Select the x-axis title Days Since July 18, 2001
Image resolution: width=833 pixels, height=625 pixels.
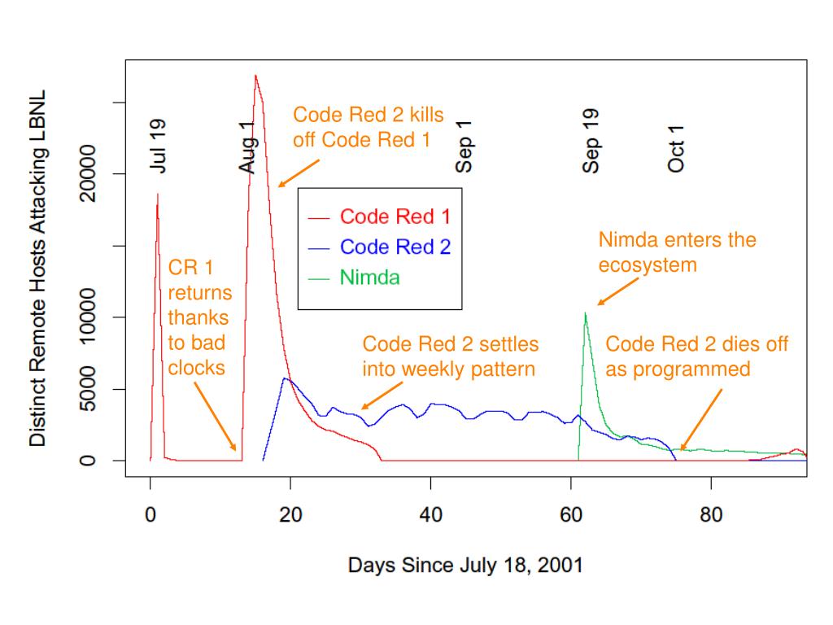coord(465,565)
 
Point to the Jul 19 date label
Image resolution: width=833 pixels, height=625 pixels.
coord(159,146)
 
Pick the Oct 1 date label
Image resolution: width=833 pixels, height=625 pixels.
coord(676,149)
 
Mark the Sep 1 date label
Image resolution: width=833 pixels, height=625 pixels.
coord(464,146)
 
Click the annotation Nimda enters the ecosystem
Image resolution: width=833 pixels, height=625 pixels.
coord(677,252)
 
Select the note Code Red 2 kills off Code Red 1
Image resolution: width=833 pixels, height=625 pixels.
coord(369,126)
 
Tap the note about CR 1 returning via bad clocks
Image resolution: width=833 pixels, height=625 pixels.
coord(199,318)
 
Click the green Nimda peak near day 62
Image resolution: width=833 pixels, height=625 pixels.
coord(585,312)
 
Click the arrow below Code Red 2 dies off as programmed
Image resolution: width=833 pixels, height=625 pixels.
coord(701,419)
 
